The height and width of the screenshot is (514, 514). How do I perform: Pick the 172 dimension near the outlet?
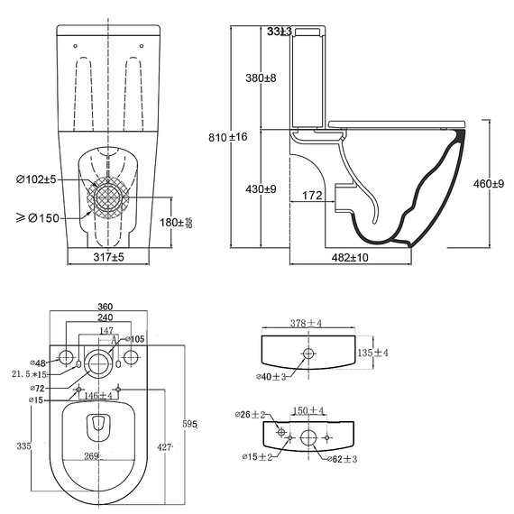coord(313,195)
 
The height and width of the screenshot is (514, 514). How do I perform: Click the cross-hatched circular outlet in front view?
coord(109,199)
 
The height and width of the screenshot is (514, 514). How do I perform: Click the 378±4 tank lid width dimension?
coord(306,323)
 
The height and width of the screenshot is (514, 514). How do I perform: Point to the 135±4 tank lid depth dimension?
coord(372,353)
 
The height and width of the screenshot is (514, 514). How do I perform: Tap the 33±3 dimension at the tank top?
coord(280,32)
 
